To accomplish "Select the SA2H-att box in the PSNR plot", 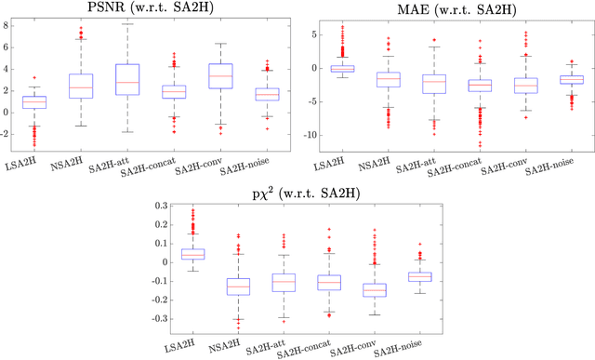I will (x=126, y=80).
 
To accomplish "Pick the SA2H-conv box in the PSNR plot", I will (x=219, y=75).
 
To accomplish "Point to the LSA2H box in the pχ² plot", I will (x=192, y=253).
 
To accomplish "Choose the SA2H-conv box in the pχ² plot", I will (x=375, y=289).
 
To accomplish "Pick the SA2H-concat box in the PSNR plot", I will (x=174, y=91).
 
